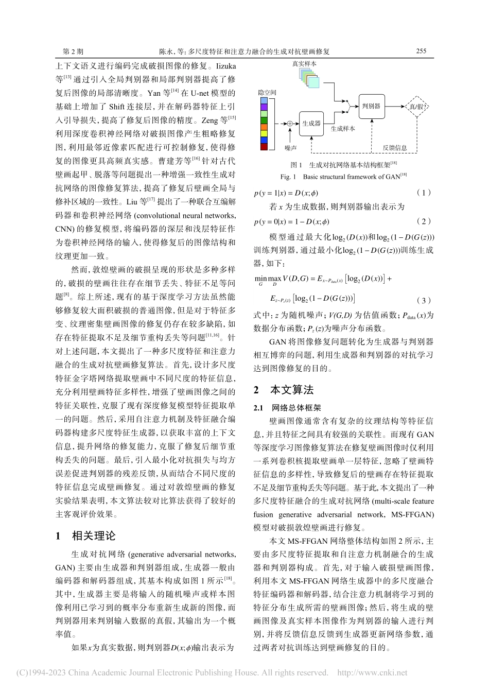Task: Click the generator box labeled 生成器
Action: tap(311, 124)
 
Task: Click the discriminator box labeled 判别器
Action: tap(371, 106)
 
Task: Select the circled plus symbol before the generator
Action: tap(290, 124)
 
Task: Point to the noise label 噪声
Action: tap(290, 148)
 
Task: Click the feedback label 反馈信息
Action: tap(395, 148)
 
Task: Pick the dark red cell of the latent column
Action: tap(264, 147)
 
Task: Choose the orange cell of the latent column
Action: tap(264, 127)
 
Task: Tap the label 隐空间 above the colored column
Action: tap(267, 93)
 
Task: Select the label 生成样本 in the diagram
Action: tap(343, 129)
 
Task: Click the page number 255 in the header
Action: tap(421, 51)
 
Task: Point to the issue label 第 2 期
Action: tap(73, 51)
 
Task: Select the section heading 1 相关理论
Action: tap(86, 535)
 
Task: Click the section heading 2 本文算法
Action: tap(284, 390)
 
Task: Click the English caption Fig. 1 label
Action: tap(288, 177)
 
